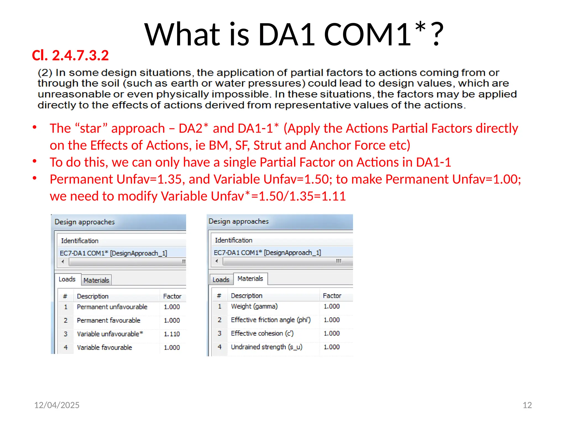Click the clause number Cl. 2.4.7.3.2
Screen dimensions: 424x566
pos(70,55)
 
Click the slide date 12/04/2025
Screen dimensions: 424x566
pos(57,405)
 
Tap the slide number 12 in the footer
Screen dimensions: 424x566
pos(527,405)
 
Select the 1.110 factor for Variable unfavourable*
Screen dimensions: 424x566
pos(172,334)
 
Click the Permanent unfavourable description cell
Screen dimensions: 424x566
pos(112,307)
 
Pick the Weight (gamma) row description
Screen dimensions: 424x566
pos(254,306)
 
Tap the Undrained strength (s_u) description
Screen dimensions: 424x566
pos(266,347)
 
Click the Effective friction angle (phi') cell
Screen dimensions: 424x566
pos(271,320)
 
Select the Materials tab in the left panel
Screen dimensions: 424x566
pos(96,280)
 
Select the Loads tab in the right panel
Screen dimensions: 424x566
pos(221,280)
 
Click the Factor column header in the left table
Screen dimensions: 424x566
pos(172,296)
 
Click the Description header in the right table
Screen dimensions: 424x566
pos(247,296)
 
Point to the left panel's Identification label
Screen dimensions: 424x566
pos(80,241)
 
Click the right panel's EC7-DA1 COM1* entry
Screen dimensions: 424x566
pos(267,253)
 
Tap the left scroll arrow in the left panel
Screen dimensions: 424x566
pos(63,261)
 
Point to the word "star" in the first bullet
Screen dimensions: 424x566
pos(91,129)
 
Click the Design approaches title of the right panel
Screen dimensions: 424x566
pos(239,221)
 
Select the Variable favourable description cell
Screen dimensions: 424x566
pos(104,348)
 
